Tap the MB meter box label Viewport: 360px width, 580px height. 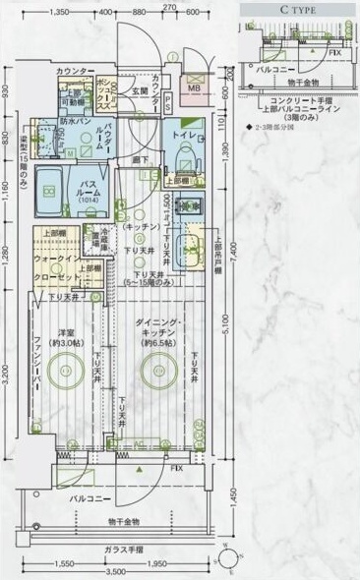pos(194,87)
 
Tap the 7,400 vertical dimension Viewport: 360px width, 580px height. pos(233,258)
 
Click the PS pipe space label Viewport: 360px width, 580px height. pos(168,102)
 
